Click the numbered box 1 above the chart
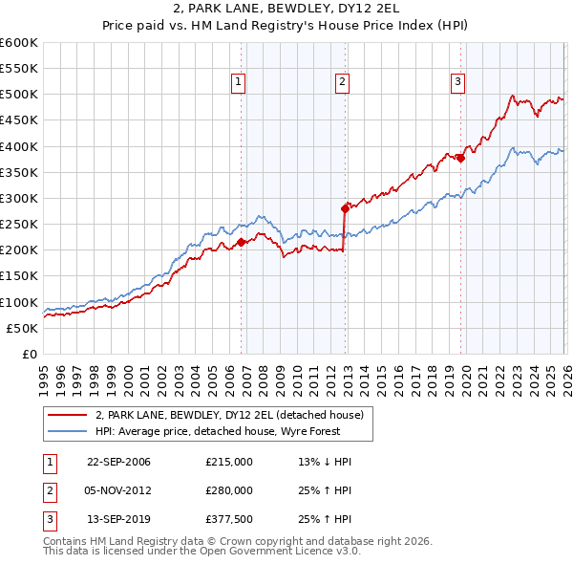point(238,83)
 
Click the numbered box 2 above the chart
point(342,83)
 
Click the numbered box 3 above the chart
point(457,83)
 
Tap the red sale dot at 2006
point(241,242)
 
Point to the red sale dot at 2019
point(460,158)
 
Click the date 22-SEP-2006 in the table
point(118,462)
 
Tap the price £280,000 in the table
point(229,490)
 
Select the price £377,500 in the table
point(229,520)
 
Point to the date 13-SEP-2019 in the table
point(118,520)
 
